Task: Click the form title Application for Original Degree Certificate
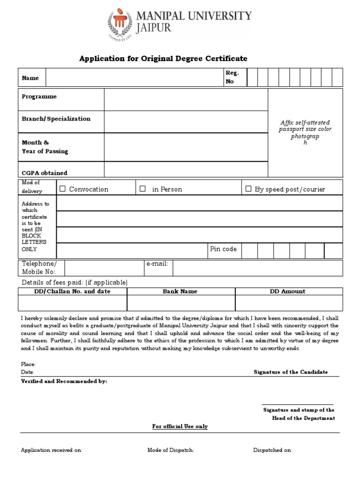163,58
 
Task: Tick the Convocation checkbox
62,189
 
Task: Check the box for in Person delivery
143,189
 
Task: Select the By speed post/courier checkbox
249,189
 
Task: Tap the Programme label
39,97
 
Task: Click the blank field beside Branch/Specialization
186,122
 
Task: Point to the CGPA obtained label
45,173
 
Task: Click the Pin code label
223,249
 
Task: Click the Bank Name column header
180,291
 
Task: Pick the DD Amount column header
287,291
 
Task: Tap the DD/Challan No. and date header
73,291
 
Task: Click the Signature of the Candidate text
291,372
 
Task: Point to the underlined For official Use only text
180,426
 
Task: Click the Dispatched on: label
272,450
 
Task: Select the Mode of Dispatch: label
171,450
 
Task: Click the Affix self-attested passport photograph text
305,132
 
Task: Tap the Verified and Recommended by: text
64,381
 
